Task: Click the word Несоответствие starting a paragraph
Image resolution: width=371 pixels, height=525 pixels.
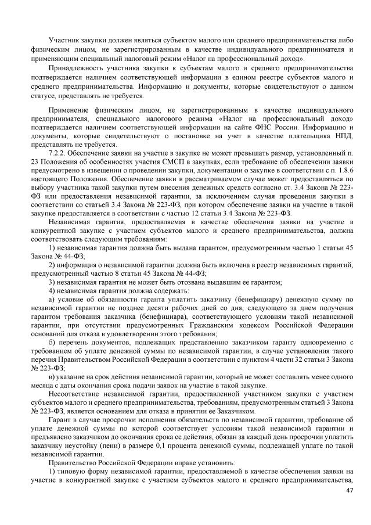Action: coord(76,394)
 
